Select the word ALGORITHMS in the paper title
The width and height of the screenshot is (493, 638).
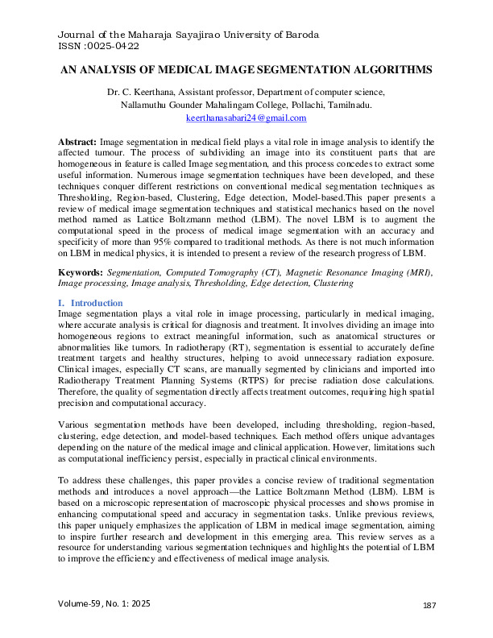pyautogui.click(x=391, y=71)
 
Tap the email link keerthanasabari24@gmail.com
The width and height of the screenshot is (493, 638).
pyautogui.click(x=246, y=118)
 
